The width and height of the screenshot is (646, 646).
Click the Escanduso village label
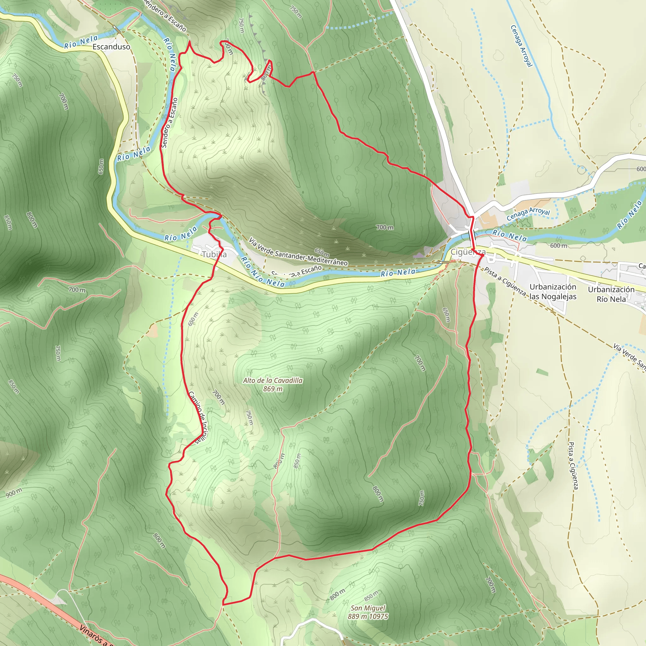(111, 47)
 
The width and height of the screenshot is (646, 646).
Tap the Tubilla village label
(214, 254)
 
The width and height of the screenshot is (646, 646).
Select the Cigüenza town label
(468, 252)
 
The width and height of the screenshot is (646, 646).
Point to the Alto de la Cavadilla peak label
(273, 380)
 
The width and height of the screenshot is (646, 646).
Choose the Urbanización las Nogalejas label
(553, 291)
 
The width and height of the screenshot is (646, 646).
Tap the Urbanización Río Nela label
(611, 294)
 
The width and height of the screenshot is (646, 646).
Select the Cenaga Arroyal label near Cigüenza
(528, 214)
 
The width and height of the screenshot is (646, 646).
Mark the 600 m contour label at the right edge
(641, 169)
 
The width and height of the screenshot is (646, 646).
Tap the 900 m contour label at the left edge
(14, 492)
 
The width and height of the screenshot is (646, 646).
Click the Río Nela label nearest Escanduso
(81, 42)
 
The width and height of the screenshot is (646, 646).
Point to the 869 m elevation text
(273, 389)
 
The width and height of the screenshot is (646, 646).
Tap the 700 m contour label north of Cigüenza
(385, 227)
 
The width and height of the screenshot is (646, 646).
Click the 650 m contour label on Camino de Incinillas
(193, 319)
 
